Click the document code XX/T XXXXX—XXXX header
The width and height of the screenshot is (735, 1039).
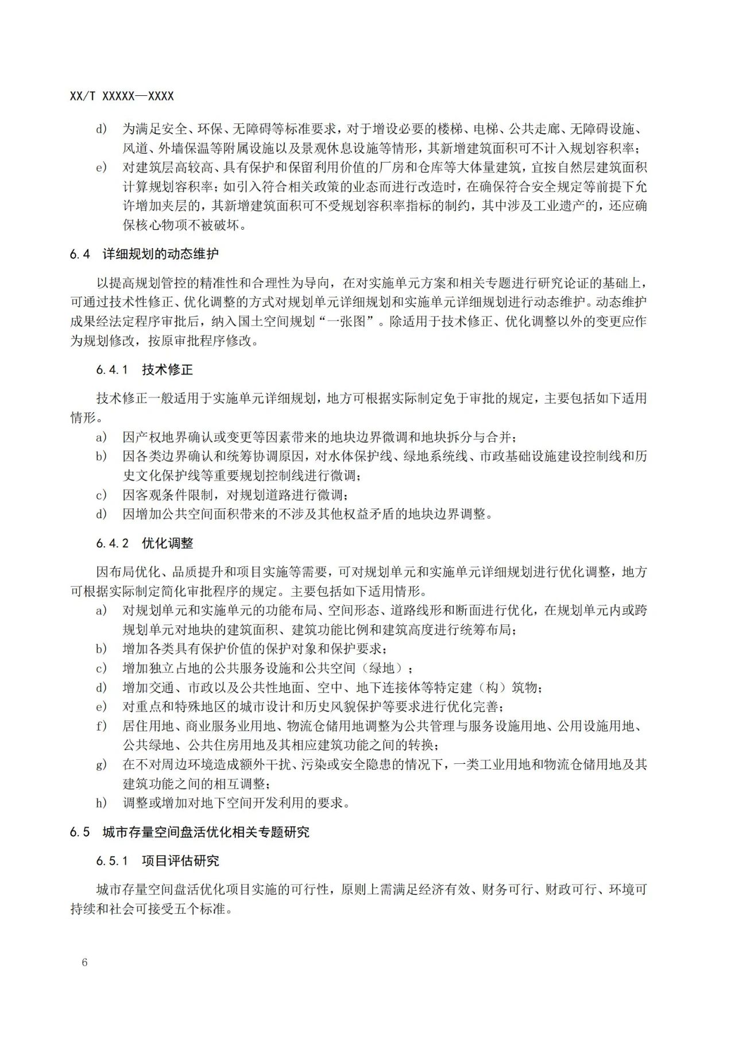122,96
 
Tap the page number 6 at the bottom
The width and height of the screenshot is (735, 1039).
85,963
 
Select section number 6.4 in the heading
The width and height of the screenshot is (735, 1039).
80,254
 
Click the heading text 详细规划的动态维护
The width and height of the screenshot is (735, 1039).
161,254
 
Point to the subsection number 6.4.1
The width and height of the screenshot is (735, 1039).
112,370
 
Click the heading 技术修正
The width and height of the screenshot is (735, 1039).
168,370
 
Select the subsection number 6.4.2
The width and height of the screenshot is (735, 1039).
113,543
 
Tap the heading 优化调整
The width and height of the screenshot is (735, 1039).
168,543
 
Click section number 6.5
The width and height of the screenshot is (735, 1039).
80,832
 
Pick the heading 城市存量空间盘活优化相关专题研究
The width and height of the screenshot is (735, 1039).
206,832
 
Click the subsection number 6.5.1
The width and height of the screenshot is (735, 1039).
111,861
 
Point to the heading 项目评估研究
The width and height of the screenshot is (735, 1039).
180,861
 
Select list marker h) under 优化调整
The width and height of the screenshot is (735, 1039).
102,803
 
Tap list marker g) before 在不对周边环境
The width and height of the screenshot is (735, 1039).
102,764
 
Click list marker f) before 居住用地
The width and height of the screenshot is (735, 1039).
102,726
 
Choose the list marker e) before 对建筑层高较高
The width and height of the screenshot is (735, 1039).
102,168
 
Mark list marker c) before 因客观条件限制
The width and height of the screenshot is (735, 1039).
102,495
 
